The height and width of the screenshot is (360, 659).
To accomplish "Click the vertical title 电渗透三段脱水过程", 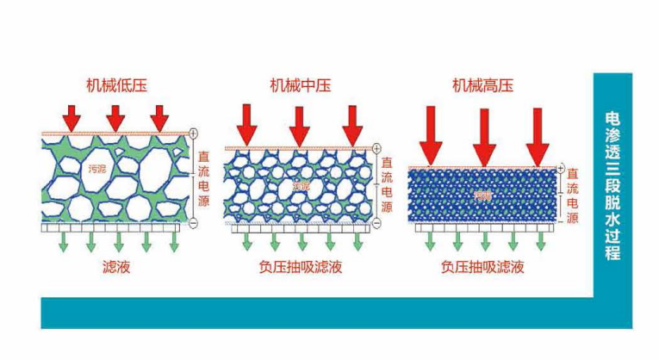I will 612,185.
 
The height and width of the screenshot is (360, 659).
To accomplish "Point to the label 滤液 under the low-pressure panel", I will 116,267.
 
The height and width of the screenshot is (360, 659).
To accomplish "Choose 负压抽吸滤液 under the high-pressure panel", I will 482,267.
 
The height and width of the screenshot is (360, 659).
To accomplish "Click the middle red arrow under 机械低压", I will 115,116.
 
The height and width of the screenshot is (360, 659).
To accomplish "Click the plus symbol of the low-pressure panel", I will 193,133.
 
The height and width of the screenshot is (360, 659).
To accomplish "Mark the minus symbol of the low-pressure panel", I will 193,223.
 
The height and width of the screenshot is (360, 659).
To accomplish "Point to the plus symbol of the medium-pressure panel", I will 376,146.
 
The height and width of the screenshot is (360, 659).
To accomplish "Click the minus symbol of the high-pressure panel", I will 561,223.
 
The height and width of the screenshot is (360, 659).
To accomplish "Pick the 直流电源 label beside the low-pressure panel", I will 203,177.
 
